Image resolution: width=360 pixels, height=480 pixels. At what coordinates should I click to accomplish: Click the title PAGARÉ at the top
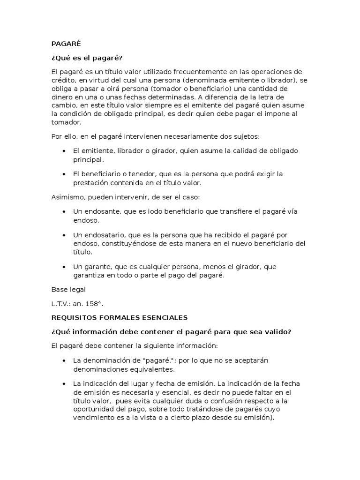[x=66, y=44]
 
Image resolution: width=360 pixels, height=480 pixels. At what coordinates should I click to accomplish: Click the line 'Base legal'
[x=68, y=290]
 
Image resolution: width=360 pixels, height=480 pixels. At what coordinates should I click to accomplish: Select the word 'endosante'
[x=101, y=211]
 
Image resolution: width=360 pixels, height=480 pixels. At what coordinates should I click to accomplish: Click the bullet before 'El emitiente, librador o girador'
[x=64, y=151]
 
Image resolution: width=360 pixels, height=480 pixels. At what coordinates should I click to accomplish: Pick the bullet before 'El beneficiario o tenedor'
[x=64, y=174]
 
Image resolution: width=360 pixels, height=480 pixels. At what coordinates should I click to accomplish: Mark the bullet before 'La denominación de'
[x=64, y=361]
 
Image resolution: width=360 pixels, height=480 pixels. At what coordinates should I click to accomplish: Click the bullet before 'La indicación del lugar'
[x=64, y=384]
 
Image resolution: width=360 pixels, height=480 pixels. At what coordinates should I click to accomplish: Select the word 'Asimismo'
[x=67, y=197]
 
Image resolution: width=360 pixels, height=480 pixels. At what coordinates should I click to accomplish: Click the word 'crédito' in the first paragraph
[x=63, y=80]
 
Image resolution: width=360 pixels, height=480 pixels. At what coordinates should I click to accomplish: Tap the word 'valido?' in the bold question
[x=276, y=331]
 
